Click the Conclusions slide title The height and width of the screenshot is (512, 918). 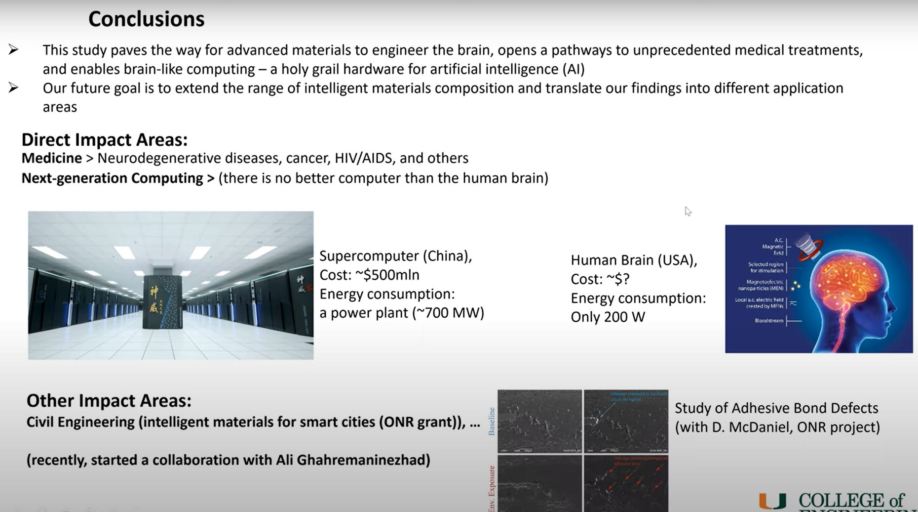click(146, 19)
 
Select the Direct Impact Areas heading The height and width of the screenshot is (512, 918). click(104, 140)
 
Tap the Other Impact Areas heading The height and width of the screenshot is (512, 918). click(109, 400)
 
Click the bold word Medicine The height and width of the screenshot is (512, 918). click(51, 158)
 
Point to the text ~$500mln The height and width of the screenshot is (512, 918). click(387, 275)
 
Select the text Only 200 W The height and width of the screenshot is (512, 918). click(608, 317)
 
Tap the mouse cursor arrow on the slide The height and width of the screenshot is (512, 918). click(688, 211)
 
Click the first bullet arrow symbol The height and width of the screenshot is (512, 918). click(13, 49)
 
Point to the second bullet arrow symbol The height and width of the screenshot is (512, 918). click(13, 88)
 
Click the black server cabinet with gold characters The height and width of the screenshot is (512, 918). click(162, 301)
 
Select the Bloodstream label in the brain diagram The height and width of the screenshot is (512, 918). click(768, 321)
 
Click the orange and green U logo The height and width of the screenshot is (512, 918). click(772, 502)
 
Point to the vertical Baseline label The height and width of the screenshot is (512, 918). click(492, 421)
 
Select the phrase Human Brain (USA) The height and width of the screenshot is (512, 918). click(634, 260)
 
